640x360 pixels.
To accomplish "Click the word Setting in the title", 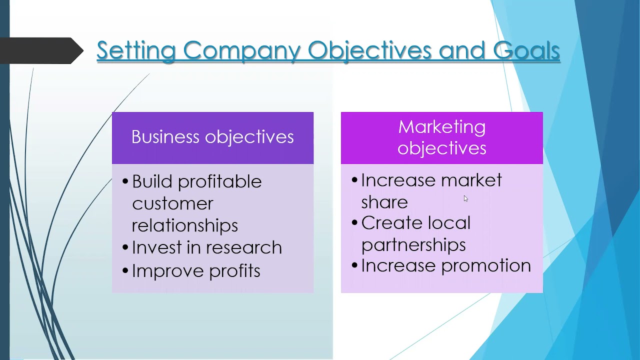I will [x=136, y=50].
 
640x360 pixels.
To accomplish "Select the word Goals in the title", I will [x=526, y=50].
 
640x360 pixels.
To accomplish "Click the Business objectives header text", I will [x=212, y=137].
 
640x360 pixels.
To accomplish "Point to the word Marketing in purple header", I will [x=441, y=127].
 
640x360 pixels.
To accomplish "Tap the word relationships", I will [x=184, y=225].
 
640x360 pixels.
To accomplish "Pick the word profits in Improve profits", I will [x=234, y=271].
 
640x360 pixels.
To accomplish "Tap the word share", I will [x=384, y=202].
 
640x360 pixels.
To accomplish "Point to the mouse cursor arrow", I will [x=465, y=198].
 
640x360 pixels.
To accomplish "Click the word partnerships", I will [x=413, y=245].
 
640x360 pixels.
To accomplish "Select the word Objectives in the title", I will [x=369, y=50].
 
